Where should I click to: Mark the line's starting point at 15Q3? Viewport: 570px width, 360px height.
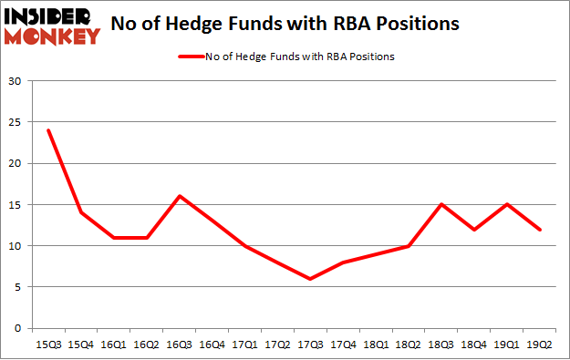[48, 130]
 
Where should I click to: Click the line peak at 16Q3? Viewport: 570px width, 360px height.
[179, 196]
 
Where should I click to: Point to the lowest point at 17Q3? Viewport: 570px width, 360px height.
[310, 279]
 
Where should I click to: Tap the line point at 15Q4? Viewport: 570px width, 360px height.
[81, 212]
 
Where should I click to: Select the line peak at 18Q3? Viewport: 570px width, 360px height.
[441, 204]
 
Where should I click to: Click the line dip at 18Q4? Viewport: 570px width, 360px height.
[474, 229]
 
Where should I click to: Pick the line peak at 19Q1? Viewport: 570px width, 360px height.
[507, 204]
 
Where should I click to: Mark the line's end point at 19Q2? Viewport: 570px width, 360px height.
[540, 229]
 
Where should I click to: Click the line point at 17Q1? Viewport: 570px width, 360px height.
[244, 246]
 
